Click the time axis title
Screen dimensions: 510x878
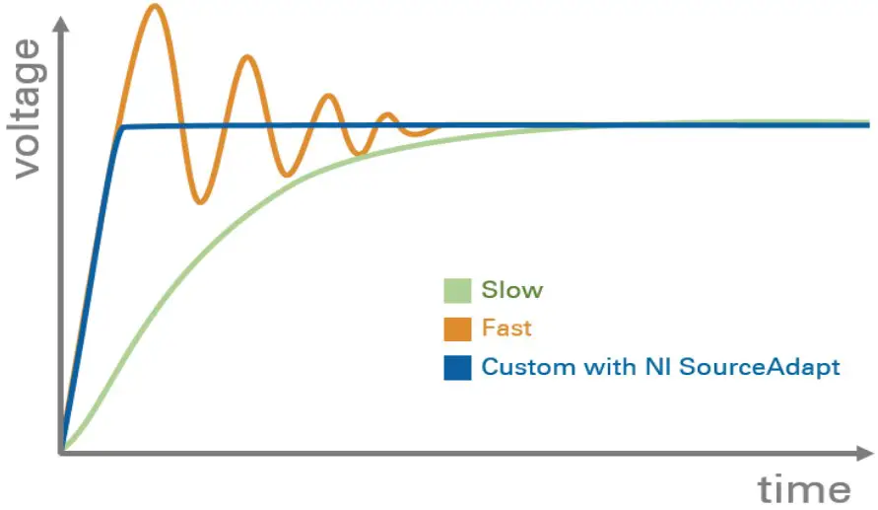coord(803,488)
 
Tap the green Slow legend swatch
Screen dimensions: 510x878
coord(457,290)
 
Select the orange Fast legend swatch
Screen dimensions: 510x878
coord(457,328)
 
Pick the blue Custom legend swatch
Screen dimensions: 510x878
coord(457,367)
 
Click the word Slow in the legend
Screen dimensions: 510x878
coord(512,290)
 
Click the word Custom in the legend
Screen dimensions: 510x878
coord(521,367)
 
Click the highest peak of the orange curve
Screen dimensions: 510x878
coord(154,6)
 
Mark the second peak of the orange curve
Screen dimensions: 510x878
coord(247,56)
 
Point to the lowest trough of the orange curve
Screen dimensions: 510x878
coord(200,202)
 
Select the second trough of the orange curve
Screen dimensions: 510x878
coord(287,176)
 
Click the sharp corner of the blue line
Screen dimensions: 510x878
coord(121,127)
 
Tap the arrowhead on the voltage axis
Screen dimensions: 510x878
coord(61,24)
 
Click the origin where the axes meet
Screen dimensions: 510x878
coord(62,453)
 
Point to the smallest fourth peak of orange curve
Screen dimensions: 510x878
coord(387,114)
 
